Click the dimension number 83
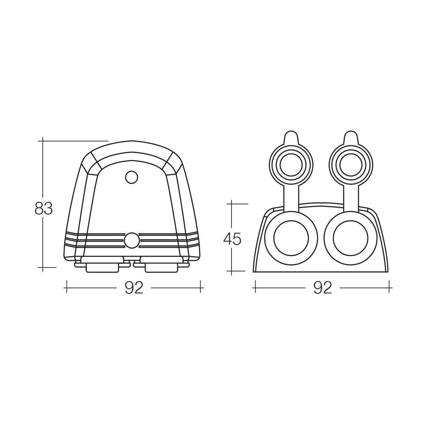[44, 209]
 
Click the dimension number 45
[232, 239]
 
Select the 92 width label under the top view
[134, 288]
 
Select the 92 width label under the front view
[322, 288]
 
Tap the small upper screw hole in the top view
[132, 177]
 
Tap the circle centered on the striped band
[132, 240]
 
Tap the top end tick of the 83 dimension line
[43, 140]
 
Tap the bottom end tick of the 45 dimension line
[232, 271]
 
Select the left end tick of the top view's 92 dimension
[67, 288]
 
